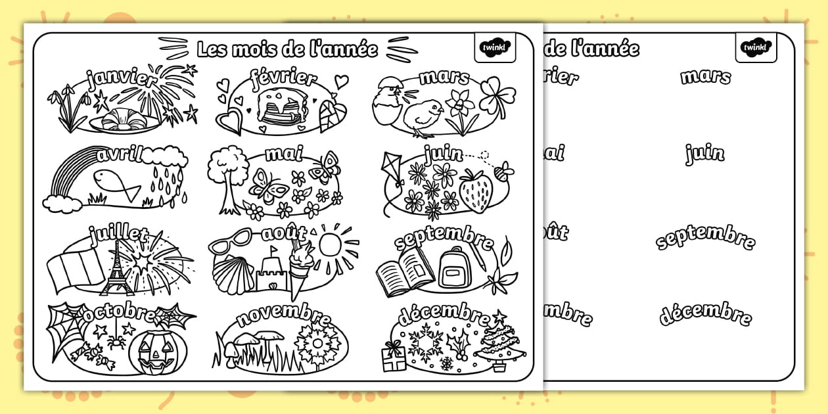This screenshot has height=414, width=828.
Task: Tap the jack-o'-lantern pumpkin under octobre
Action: [x=157, y=351]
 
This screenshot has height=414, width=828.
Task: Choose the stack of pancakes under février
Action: [x=279, y=107]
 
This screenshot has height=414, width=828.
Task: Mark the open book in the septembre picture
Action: [x=404, y=270]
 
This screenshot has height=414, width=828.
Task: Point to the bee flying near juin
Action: [x=504, y=172]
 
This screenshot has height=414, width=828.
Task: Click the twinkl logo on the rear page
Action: [x=756, y=47]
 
